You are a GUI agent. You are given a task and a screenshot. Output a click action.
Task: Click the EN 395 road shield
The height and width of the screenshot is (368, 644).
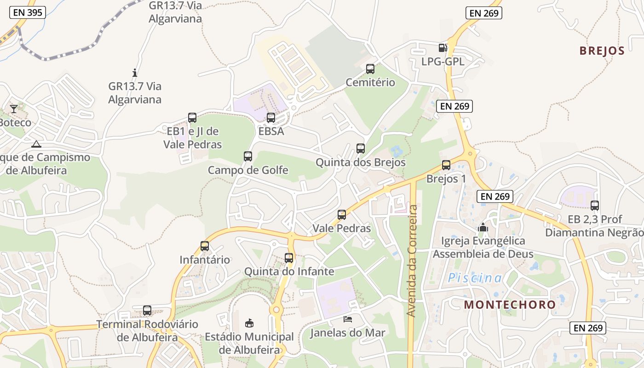(28, 12)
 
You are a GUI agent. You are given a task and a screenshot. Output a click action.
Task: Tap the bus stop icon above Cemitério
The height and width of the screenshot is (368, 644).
(370, 69)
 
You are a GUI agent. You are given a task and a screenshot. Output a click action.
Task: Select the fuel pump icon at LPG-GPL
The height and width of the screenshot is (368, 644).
(443, 47)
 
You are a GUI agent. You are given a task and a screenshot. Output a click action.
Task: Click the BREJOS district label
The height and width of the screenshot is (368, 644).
(602, 51)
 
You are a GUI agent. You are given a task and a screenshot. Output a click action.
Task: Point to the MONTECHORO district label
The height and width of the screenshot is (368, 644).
(510, 305)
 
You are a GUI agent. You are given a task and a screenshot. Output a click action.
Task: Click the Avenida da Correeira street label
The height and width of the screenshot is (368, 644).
(412, 261)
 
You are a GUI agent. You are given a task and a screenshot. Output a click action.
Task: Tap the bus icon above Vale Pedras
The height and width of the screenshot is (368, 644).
(341, 214)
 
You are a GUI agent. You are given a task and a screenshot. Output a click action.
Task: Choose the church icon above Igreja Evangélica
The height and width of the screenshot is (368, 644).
(483, 227)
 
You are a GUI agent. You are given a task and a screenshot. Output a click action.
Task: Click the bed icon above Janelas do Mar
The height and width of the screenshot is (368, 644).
(347, 319)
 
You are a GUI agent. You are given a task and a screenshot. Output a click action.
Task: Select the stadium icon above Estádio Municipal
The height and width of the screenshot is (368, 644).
(249, 323)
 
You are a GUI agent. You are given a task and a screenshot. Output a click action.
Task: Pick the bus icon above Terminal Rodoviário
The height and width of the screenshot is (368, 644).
(147, 310)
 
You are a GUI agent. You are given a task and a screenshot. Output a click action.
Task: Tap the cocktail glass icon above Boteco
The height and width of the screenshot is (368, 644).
(14, 109)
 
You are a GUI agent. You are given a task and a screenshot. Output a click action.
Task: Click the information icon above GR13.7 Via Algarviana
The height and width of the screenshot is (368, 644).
(135, 73)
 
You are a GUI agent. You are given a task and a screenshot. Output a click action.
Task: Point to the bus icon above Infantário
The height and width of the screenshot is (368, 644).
(205, 246)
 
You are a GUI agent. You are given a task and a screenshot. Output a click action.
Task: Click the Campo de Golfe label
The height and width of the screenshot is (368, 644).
(248, 170)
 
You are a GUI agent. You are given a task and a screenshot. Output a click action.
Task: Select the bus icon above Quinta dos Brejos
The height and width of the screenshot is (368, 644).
(361, 149)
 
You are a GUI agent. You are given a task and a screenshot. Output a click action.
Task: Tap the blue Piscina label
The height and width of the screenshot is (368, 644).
(475, 278)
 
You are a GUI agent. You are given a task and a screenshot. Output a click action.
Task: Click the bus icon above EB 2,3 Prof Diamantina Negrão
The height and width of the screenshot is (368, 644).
(594, 206)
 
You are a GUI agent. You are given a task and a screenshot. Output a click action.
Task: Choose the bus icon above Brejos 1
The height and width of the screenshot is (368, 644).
(446, 165)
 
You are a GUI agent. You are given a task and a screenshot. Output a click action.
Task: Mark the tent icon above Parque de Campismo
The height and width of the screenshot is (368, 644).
(36, 144)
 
